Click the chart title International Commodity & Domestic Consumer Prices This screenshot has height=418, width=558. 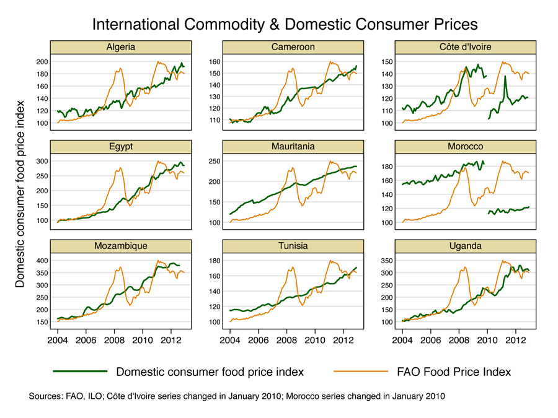tap(285, 24)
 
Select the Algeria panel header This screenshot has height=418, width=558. tap(121, 47)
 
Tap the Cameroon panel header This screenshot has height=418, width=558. tap(293, 47)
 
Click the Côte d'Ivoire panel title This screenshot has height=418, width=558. tap(466, 47)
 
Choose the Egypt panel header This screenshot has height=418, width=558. tap(121, 147)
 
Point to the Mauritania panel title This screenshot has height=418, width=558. tap(293, 147)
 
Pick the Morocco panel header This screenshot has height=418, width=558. tap(466, 147)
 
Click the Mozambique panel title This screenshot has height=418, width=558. tap(121, 246)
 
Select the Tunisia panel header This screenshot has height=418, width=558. tap(293, 246)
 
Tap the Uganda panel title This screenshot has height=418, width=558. tap(466, 246)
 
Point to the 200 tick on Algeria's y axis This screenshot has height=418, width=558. tap(42, 62)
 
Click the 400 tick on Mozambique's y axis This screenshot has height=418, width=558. tap(42, 261)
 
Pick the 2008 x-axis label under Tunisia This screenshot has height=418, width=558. tap(286, 340)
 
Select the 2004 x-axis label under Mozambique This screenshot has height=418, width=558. tap(57, 340)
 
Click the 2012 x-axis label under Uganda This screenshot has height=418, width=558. tap(515, 340)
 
